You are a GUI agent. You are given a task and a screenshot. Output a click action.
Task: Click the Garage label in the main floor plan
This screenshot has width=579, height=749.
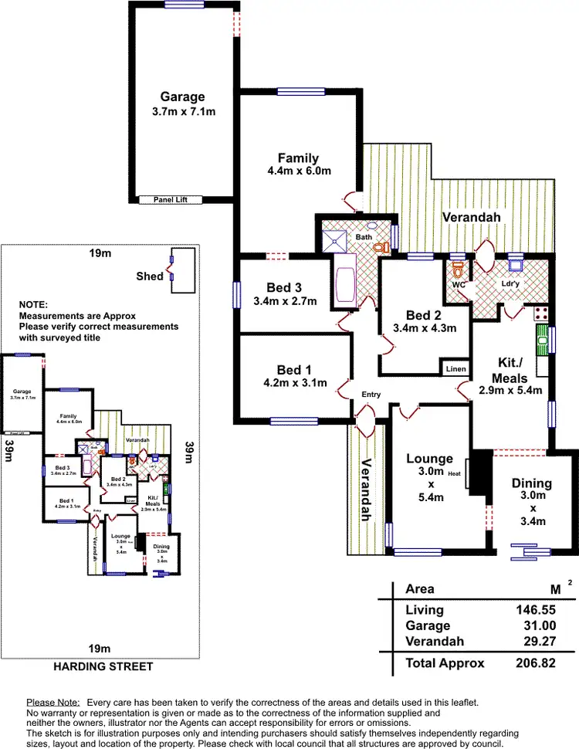point(182,97)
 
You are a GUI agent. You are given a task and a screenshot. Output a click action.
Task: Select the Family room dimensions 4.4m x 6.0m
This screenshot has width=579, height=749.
point(298,171)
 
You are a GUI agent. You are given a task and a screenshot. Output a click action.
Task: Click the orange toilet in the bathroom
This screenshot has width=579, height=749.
point(380,246)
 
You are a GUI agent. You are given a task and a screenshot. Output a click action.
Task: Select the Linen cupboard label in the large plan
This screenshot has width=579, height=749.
point(455,369)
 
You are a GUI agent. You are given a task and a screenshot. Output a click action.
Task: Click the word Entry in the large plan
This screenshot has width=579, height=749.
point(371,395)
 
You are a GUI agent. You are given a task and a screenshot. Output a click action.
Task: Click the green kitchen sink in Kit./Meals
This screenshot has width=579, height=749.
point(543,338)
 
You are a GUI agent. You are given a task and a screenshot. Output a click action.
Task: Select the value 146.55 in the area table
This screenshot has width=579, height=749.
point(536,610)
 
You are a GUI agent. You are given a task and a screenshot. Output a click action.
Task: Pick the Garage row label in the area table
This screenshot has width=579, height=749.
point(428,625)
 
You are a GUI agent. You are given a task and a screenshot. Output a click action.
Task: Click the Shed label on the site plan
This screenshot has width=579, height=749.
point(149,276)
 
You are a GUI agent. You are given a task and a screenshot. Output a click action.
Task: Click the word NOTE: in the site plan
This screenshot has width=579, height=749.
point(33,305)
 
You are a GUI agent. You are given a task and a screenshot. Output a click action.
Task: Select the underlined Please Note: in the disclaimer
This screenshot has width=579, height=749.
point(53,702)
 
